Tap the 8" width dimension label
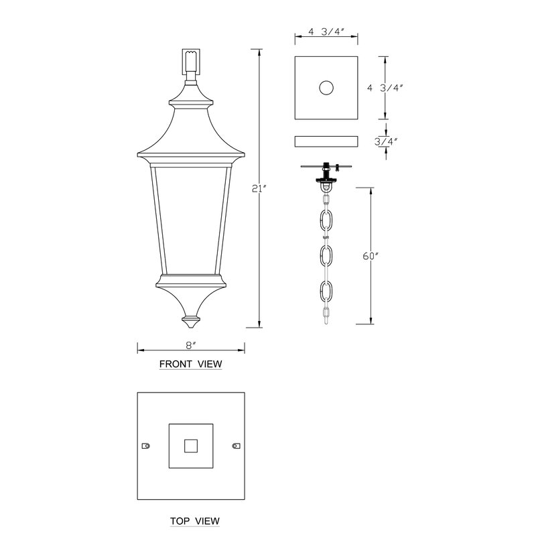(191, 346)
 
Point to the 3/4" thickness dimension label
(387, 141)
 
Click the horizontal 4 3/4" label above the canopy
(326, 31)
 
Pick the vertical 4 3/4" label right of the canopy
(385, 88)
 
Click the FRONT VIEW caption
(191, 364)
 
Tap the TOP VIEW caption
(195, 521)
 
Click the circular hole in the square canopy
(326, 88)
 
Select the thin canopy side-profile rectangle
(326, 141)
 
